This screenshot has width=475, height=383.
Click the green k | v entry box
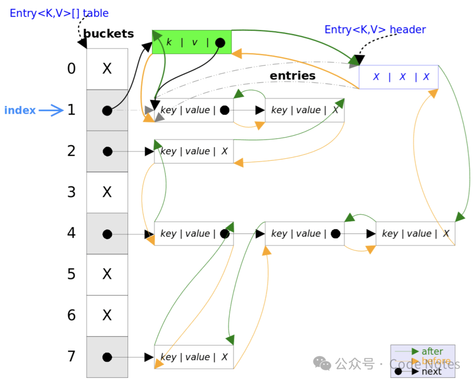click(x=191, y=42)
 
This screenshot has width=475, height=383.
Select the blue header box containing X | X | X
click(x=399, y=77)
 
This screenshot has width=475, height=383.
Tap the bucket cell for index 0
click(x=107, y=69)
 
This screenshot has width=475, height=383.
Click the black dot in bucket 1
click(x=107, y=110)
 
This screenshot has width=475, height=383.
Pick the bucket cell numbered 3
click(x=107, y=192)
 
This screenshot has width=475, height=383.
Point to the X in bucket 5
click(x=107, y=274)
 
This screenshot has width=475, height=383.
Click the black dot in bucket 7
click(x=107, y=357)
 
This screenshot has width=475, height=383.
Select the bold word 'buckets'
click(x=108, y=33)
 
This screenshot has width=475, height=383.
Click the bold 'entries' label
click(x=292, y=76)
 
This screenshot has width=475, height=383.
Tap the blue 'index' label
click(x=20, y=110)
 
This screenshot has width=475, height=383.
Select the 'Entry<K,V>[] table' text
click(x=59, y=13)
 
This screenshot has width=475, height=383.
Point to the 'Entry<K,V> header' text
click(x=375, y=29)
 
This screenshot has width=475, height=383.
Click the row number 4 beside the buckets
click(x=71, y=233)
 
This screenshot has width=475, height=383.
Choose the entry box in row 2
click(x=194, y=152)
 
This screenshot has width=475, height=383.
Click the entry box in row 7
click(x=194, y=357)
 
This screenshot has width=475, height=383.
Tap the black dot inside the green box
click(x=220, y=43)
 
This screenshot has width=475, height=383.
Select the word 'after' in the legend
click(x=432, y=351)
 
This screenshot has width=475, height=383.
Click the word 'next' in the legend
click(x=431, y=372)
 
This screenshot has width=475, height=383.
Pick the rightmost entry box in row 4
click(x=415, y=233)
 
